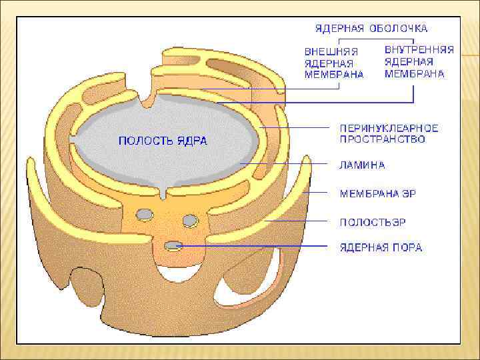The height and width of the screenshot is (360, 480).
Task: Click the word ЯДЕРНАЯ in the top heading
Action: click(x=339, y=29)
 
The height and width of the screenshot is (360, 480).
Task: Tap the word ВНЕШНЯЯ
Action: click(x=331, y=51)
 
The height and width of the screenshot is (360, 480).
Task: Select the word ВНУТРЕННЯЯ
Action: click(x=419, y=50)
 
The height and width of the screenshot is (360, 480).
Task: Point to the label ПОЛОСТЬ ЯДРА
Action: click(x=163, y=141)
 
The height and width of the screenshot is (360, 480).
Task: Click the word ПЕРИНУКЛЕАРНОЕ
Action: click(x=389, y=127)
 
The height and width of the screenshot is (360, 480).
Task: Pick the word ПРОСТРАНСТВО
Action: click(x=382, y=139)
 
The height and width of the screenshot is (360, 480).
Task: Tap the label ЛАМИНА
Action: click(x=363, y=165)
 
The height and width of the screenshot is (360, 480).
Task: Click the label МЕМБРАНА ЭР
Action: click(x=378, y=193)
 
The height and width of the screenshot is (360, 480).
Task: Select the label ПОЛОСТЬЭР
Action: click(x=373, y=221)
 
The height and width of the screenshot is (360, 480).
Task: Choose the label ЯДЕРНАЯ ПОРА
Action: click(x=381, y=247)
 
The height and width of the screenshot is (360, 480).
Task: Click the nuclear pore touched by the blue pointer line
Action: click(x=173, y=246)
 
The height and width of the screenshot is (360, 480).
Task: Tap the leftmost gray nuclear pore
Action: click(x=143, y=214)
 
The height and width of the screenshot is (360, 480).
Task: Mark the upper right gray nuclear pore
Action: click(x=190, y=219)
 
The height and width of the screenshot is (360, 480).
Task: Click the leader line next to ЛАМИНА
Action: click(x=287, y=163)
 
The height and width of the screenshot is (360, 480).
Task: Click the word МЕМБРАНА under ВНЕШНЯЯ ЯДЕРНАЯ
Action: click(x=334, y=75)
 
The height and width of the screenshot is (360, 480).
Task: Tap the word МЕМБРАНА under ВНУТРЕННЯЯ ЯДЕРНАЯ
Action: click(x=414, y=74)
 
